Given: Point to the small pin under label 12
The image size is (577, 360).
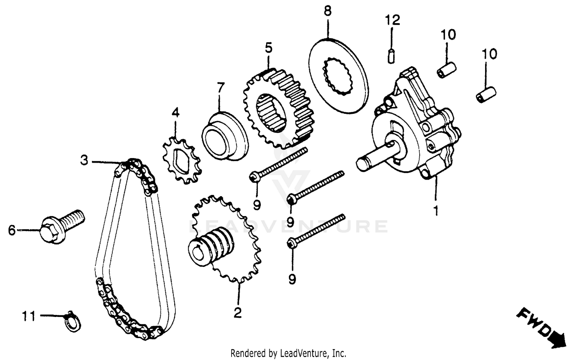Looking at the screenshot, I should click(x=391, y=56).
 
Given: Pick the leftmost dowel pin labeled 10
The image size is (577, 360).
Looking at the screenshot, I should click(x=447, y=70).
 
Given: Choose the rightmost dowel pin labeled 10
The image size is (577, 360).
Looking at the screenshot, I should click(x=486, y=94).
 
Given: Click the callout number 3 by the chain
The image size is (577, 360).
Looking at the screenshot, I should click(x=84, y=160).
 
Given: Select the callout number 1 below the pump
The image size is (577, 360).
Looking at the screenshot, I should click(x=436, y=211).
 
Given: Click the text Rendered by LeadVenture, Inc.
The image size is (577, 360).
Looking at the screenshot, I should click(x=288, y=353).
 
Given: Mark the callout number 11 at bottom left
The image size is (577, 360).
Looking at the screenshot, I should click(x=28, y=317).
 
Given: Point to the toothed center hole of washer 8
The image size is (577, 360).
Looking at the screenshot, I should click(x=339, y=75).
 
